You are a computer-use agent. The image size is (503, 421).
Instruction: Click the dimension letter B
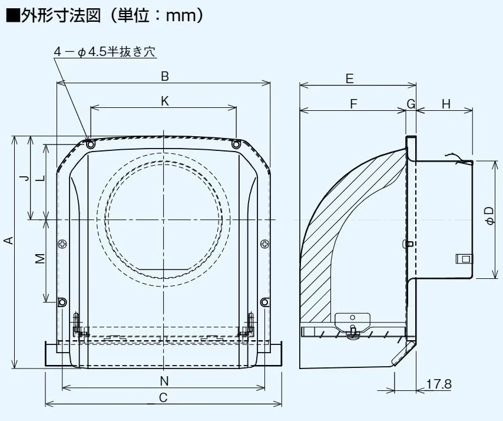coord(165,75)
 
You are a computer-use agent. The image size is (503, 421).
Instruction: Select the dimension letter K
coord(165,101)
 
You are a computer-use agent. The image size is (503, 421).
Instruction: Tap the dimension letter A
coord(8,240)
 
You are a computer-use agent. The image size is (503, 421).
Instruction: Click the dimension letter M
coord(39,258)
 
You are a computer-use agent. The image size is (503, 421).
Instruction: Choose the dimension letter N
coord(164,381)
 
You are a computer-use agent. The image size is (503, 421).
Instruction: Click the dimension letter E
coord(349,78)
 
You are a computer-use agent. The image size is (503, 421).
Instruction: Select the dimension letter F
coord(353,104)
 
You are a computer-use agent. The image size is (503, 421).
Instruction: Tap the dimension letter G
coord(411,104)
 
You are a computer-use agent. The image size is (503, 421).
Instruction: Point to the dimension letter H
coord(446,104)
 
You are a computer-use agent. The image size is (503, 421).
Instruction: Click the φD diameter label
coord(490,216)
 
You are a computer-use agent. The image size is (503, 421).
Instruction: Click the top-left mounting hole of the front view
coord(90,144)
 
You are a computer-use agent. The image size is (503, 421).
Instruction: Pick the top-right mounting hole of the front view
coord(236,144)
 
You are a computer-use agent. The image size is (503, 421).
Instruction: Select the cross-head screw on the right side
coord(264,242)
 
